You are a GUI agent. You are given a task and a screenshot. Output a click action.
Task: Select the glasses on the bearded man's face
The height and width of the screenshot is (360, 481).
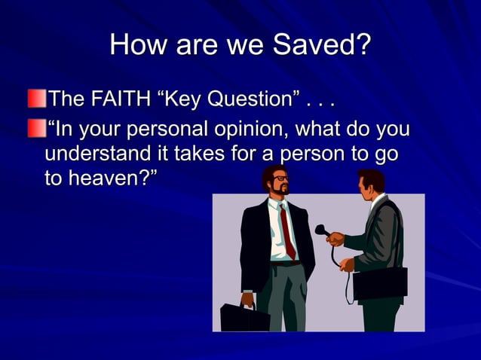[280, 179]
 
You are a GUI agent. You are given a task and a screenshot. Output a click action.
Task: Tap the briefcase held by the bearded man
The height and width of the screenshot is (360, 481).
[244, 316]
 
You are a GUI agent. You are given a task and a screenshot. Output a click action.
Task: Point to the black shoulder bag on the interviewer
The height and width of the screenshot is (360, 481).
[380, 282]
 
